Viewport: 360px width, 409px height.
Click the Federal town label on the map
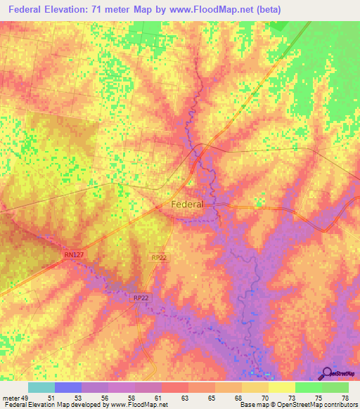(187, 204)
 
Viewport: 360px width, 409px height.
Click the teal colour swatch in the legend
(41, 387)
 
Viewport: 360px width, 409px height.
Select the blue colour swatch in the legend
(68, 387)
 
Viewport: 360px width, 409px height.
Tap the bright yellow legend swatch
(282, 387)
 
